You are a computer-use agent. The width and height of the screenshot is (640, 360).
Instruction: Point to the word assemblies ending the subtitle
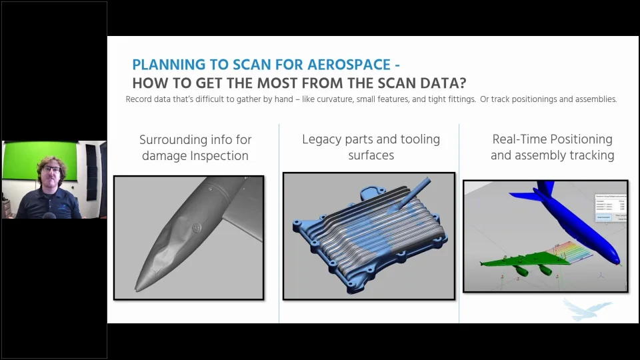(x=593, y=99)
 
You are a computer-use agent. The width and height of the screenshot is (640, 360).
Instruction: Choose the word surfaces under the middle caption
(x=371, y=155)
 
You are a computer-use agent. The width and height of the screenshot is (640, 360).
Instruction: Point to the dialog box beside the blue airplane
(x=610, y=207)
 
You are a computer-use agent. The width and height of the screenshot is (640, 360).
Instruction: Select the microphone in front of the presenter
(x=48, y=215)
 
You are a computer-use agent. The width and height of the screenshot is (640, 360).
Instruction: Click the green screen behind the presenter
(x=20, y=160)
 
